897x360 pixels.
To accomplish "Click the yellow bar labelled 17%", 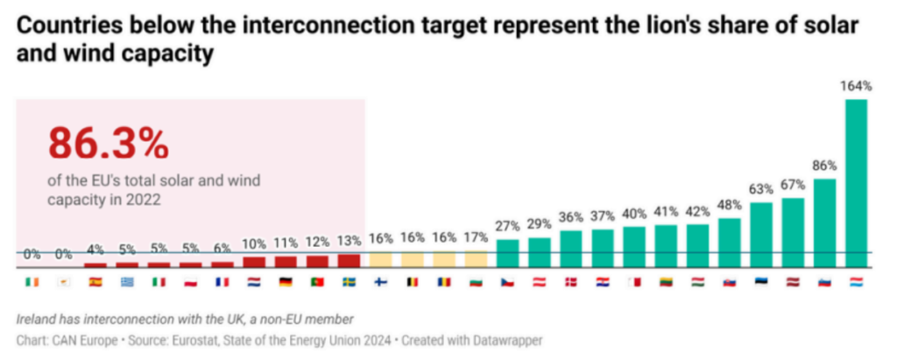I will click(x=476, y=259).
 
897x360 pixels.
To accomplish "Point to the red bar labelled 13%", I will click(x=349, y=260).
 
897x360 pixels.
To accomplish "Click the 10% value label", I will click(x=254, y=244).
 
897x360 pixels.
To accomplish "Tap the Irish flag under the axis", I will click(x=32, y=282).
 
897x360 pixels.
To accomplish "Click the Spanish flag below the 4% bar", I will click(x=95, y=282).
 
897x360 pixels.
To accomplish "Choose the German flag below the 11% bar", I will click(x=286, y=282).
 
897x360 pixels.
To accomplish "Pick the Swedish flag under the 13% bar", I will click(x=349, y=282).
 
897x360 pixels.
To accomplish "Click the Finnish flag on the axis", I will click(x=380, y=282).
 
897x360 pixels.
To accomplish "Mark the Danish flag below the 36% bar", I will click(x=571, y=282).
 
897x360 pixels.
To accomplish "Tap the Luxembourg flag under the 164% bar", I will click(x=856, y=282).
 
